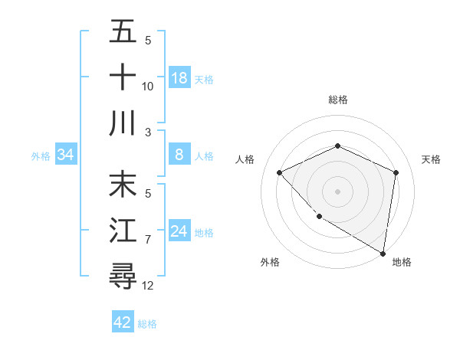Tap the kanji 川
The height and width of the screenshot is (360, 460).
pos(123,123)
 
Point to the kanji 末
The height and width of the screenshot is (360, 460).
pos(123,186)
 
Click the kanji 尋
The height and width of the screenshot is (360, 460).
pos(123,276)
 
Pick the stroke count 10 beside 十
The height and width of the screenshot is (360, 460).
pos(148,87)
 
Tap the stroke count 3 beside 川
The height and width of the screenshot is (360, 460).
pos(148,132)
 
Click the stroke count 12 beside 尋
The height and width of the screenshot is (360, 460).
pos(148,286)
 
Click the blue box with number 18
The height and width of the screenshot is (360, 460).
pos(179,77)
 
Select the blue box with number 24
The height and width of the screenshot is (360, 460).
pos(179,231)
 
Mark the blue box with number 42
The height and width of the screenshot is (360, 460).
pos(123,322)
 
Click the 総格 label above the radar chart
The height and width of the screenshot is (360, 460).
pos(337,100)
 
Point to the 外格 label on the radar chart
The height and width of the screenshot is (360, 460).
pos(270,262)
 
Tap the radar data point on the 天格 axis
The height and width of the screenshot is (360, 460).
pos(396,172)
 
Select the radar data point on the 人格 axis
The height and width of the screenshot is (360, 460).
pos(280,172)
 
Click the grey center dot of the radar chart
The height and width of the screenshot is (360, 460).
pos(337,191)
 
